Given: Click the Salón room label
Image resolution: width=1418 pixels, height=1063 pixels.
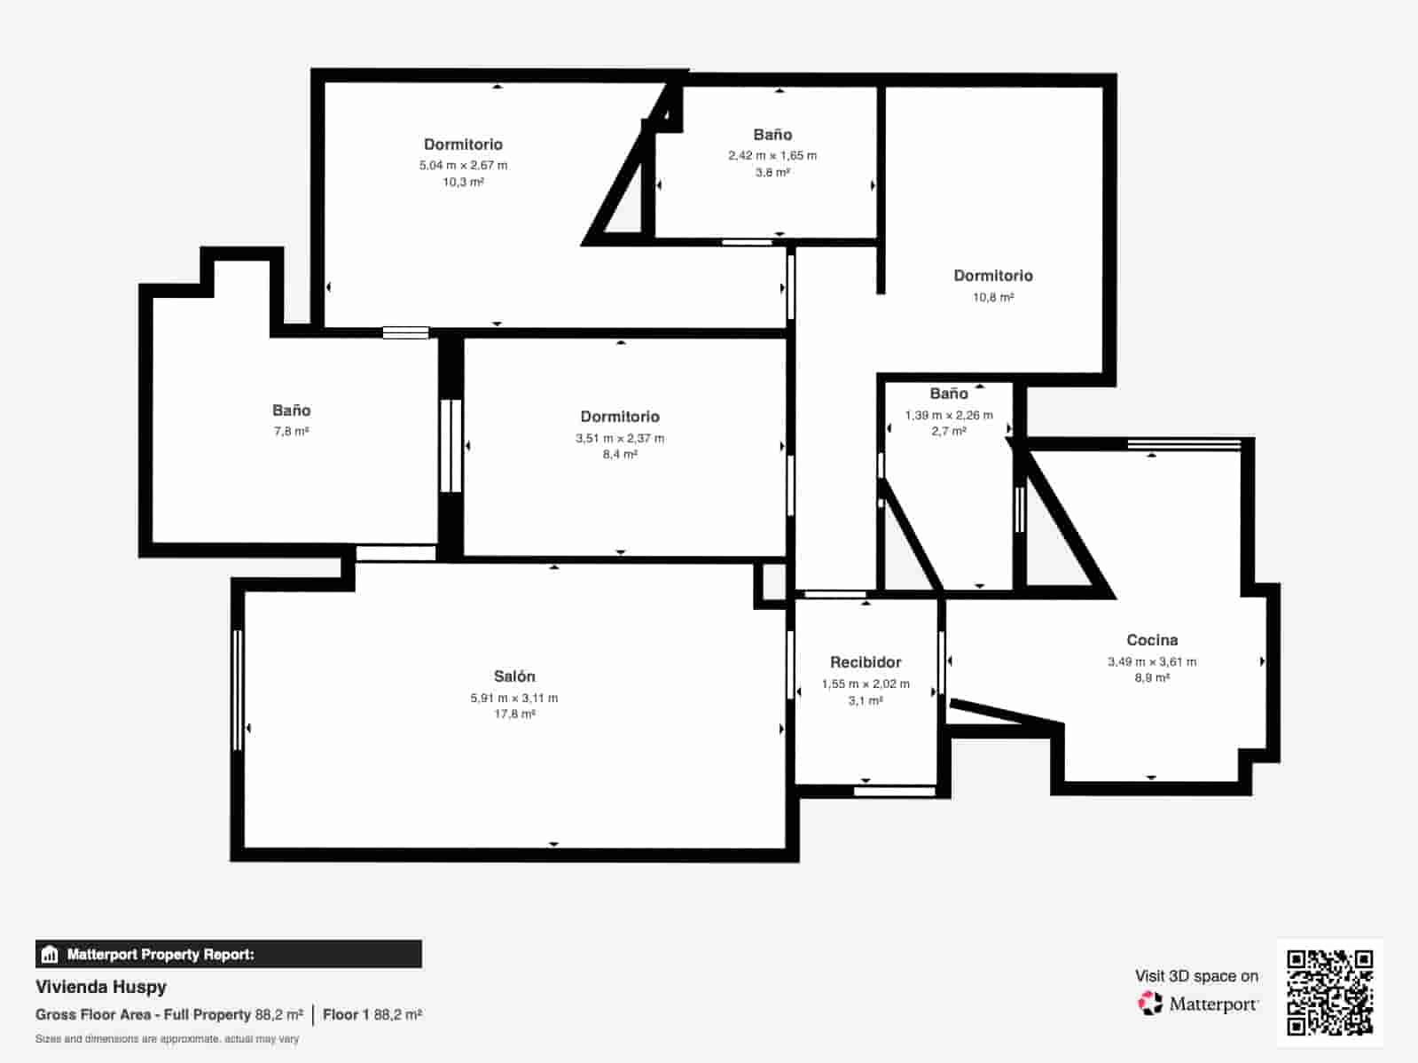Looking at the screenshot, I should point(514,676).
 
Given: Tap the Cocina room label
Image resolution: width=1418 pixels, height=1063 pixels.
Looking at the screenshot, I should point(1152,640).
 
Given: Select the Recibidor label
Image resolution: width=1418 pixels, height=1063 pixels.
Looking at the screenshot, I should point(866,662).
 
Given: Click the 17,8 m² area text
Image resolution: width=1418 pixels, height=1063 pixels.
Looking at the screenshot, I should point(514,714).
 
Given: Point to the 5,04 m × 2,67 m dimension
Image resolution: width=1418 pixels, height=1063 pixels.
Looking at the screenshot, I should point(463,165).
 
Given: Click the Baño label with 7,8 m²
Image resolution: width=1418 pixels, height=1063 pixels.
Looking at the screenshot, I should point(291,410).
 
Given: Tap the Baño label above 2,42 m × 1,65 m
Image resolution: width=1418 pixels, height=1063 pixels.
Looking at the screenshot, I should point(772,135).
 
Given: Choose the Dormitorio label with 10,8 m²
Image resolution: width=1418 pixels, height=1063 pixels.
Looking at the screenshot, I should point(993,276).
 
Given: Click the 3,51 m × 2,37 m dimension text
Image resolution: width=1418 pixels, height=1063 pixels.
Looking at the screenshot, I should point(620,438).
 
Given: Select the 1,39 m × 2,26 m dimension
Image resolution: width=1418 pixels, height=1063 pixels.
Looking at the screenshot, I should point(949,415).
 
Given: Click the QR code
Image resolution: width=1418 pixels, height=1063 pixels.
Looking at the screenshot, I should point(1329,992).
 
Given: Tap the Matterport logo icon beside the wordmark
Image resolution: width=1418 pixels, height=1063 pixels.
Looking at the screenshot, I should point(1150,1004).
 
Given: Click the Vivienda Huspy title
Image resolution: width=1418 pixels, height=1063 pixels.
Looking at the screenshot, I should point(101,987).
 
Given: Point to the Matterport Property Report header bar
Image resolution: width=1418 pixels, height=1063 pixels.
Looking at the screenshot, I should point(228,954).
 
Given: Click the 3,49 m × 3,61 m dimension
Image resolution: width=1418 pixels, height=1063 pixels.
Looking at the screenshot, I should point(1152,661).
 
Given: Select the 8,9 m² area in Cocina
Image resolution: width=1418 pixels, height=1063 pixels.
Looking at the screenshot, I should point(1152,677).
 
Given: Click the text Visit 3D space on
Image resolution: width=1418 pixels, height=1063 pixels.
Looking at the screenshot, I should point(1196,976).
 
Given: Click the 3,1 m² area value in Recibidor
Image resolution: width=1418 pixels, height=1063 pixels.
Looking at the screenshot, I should point(866,700).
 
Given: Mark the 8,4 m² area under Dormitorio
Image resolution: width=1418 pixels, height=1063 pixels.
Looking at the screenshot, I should point(620,454).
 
